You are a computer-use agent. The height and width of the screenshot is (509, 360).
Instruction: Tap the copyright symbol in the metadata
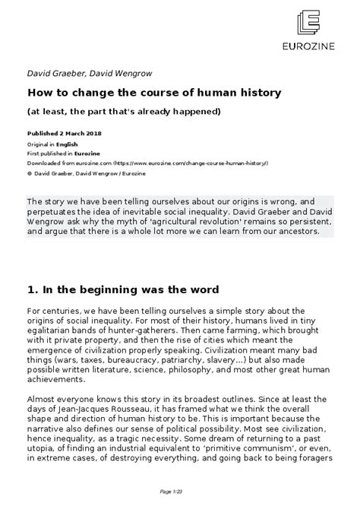(29, 173)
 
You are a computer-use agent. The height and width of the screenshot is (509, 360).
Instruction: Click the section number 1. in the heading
(33, 289)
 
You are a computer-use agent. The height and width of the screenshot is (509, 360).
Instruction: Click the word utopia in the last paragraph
(42, 460)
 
